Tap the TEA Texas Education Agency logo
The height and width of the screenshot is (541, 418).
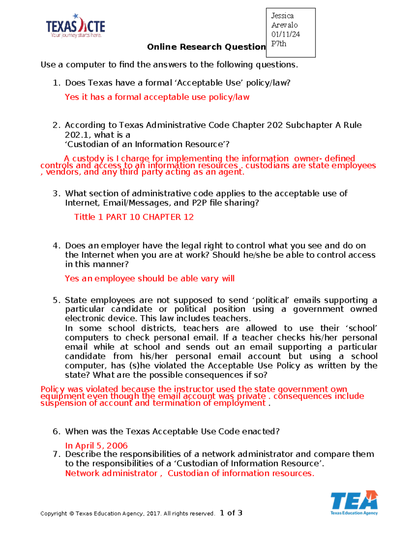point(354,503)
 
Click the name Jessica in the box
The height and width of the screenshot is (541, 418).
point(282,16)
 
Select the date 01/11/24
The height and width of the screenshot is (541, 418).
point(286,34)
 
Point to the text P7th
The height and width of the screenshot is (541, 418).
point(279,44)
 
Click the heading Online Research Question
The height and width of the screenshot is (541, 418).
point(206,47)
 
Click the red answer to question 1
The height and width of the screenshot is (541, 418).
point(157,97)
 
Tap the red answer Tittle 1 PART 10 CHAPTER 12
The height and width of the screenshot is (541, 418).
point(134,217)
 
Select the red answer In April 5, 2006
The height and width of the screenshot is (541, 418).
point(96,445)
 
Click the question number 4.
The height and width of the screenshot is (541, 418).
point(56,245)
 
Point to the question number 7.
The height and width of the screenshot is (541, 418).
point(56,454)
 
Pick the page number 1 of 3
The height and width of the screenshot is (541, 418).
point(231,513)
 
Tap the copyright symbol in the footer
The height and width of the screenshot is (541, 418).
point(71,513)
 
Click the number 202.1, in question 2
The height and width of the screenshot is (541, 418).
point(78,135)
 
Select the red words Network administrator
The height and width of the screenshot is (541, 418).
point(111,473)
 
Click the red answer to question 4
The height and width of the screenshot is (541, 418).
point(149,278)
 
